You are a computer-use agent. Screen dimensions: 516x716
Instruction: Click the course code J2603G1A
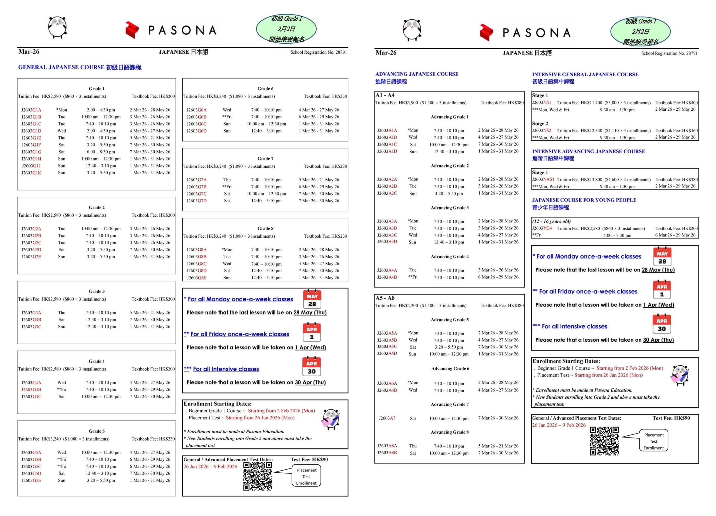tap(31, 110)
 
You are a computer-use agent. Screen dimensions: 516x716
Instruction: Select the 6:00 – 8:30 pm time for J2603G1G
tap(101, 152)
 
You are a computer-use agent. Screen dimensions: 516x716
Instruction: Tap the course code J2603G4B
tap(31, 389)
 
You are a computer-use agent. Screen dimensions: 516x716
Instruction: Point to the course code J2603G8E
tap(196, 278)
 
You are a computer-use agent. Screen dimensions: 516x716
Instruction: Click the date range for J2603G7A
tap(319, 179)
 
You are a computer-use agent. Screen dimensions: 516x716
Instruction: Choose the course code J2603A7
tap(387, 418)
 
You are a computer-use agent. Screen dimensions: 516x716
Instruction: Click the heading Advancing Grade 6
tap(450, 369)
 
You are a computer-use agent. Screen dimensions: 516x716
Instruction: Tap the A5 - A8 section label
tap(385, 298)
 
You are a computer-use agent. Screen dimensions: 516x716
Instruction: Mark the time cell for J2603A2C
tap(449, 193)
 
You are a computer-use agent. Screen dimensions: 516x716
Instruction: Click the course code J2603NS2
tap(541, 130)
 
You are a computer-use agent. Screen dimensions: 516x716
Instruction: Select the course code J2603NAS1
tap(543, 179)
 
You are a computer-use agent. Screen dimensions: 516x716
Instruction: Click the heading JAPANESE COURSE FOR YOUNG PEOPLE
tap(584, 200)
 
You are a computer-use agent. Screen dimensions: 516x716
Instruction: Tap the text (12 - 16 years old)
tap(551, 221)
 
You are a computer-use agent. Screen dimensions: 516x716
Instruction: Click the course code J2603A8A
tap(387, 446)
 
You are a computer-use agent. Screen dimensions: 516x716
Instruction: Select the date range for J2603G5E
tap(150, 480)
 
